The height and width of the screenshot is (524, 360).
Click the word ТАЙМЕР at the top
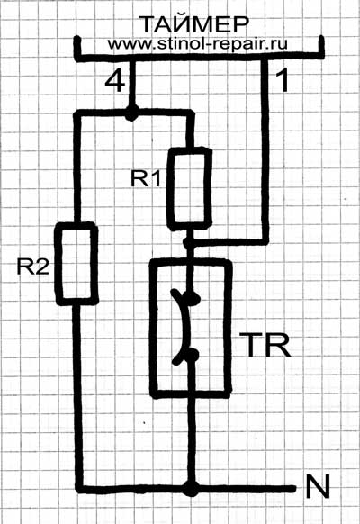(x=195, y=24)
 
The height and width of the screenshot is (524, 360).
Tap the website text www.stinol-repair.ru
(x=197, y=43)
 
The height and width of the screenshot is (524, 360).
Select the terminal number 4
(x=115, y=81)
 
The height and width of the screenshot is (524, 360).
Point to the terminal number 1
(x=283, y=80)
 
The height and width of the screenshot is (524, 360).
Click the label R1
(x=146, y=178)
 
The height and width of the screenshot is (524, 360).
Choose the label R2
(x=33, y=267)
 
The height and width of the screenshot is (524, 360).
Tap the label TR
(x=267, y=345)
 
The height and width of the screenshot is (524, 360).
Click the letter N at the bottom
(x=318, y=486)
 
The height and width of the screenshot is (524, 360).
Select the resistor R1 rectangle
(x=189, y=189)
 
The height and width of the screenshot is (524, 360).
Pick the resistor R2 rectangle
(x=76, y=264)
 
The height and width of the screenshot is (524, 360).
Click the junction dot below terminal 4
(x=131, y=113)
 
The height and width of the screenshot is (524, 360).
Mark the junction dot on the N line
(x=191, y=489)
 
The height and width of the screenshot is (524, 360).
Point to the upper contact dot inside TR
(x=193, y=298)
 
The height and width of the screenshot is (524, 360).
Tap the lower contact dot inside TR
(x=192, y=355)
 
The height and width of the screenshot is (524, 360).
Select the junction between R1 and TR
(x=190, y=243)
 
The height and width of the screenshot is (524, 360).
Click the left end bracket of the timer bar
(x=77, y=49)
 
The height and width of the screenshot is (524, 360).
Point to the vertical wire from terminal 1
(x=265, y=150)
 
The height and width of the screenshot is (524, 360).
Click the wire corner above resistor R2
(x=77, y=114)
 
